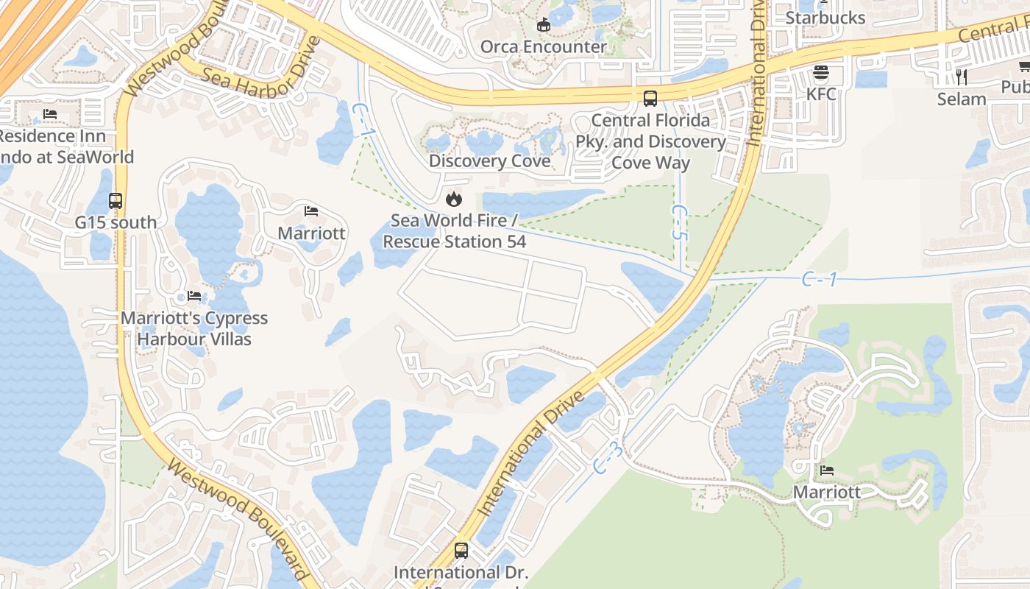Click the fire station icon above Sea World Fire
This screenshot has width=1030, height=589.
pos(454,199)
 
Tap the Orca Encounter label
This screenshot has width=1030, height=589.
pos(543,46)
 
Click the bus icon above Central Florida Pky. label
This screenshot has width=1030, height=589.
pos(650,98)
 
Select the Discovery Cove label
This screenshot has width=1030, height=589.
pos(489,161)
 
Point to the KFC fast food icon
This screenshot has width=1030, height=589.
pos(821,73)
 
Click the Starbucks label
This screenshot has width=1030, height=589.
pos(825,17)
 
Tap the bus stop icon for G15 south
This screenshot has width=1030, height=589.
pos(116,200)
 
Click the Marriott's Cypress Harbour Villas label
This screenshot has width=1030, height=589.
pos(194,328)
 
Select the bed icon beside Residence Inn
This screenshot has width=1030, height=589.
pos(50,114)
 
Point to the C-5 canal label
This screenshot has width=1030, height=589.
pos(678,222)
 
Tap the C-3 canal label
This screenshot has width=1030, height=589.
pos(608,458)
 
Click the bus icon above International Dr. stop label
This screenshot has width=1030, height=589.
pos(461,550)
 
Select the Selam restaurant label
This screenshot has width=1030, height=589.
pos(961,99)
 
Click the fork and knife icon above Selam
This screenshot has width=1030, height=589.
pos(961,77)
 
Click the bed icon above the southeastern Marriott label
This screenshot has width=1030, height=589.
pos(827,470)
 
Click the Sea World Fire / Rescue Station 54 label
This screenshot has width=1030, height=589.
pos(454,230)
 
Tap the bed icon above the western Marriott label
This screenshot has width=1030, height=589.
pos(311,211)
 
